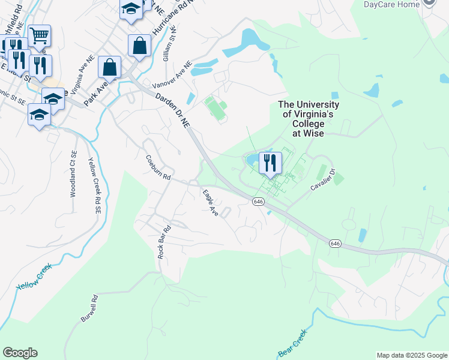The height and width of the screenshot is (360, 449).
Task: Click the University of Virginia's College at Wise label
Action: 309,119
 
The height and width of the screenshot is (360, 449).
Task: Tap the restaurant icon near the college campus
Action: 270,163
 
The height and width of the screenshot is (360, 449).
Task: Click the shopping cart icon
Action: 39,35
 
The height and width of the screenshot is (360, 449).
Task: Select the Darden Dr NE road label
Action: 172,109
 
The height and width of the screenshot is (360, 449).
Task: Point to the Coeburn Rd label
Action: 158,169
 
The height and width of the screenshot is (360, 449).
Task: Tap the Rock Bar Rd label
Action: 164,242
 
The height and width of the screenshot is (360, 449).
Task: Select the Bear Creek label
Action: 293,343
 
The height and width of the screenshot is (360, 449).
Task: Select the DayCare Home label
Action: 391,4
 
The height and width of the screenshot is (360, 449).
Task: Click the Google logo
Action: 20,353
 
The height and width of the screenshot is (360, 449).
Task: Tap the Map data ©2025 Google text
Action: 411,355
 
